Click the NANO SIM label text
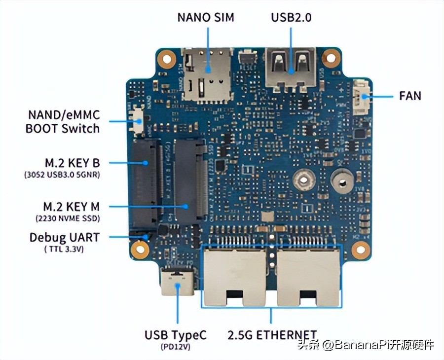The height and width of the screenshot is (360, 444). pos(206,17)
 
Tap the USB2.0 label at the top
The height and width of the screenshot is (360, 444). pos(291,17)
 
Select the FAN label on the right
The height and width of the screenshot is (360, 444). pos(410,95)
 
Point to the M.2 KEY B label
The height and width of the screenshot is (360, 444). pos(72,162)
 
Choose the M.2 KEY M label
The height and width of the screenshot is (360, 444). pos(71,206)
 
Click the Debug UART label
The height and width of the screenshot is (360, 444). pos(64,237)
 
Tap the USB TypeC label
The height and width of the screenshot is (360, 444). pos(176,335)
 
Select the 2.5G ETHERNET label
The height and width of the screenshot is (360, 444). pos(272,335)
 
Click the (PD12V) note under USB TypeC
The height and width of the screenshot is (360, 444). pos(176,347)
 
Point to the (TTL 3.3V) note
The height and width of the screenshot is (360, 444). pos(64,249)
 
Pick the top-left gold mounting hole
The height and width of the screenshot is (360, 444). pos(166,59)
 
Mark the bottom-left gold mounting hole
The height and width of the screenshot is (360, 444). pos(140,250)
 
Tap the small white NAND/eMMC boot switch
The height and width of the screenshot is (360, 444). pos(139,120)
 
